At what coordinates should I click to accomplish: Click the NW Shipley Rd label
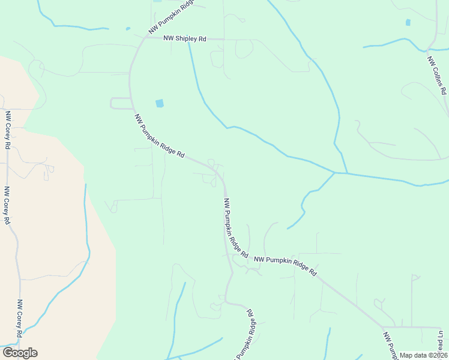[x=185, y=38]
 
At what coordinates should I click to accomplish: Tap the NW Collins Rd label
[x=437, y=76]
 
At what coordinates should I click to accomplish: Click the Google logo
[x=20, y=353]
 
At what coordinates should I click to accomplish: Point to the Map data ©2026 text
[x=423, y=355]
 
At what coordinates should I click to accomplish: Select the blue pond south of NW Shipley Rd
[x=159, y=103]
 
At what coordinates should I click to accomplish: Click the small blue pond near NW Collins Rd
[x=408, y=22]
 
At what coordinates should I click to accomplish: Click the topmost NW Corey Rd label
[x=8, y=130]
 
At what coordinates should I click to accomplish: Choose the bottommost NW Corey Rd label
[x=20, y=318]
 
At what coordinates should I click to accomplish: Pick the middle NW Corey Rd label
[x=7, y=205]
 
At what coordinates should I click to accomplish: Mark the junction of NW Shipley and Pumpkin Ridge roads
[x=144, y=37]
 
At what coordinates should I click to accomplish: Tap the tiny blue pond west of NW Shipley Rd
[x=128, y=28]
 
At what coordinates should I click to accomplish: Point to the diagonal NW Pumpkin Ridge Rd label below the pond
[x=159, y=136]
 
